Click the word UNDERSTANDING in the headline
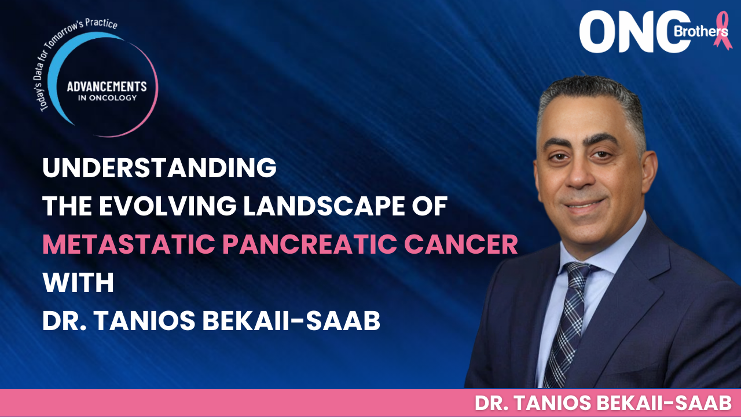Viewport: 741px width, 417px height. pyautogui.click(x=159, y=168)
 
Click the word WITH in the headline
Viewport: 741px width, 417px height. pyautogui.click(x=78, y=283)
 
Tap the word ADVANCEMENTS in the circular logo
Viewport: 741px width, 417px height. pyautogui.click(x=107, y=86)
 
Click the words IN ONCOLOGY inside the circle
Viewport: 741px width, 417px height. pyautogui.click(x=107, y=98)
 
